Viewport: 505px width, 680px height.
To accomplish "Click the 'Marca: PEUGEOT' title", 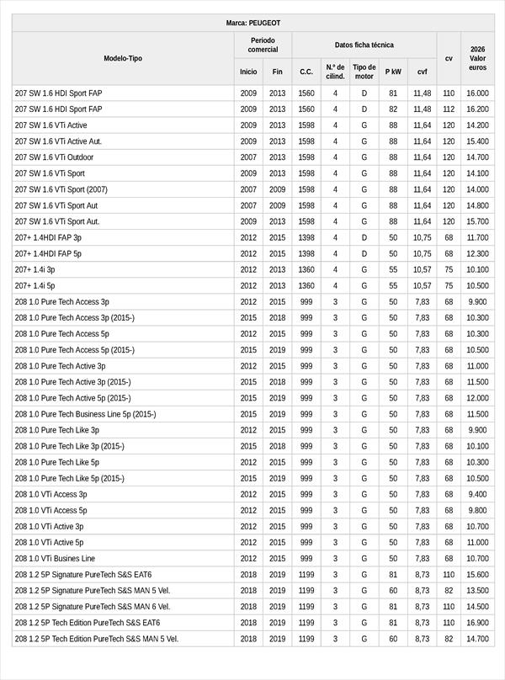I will pyautogui.click(x=253, y=23).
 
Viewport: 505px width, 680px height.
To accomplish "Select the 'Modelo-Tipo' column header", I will pyautogui.click(x=123, y=58).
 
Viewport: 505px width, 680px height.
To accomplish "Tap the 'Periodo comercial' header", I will pyautogui.click(x=263, y=45).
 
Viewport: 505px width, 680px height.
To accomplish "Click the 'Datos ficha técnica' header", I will pyautogui.click(x=364, y=45).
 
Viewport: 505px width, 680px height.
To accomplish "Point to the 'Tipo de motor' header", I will pyautogui.click(x=364, y=72).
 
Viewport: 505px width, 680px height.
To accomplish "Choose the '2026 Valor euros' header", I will pyautogui.click(x=477, y=58).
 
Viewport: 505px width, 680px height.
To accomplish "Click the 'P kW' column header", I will pyautogui.click(x=393, y=72).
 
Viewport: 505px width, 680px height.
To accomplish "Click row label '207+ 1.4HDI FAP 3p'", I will pyautogui.click(x=48, y=237).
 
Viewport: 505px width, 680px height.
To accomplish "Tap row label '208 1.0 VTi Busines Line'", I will pyautogui.click(x=55, y=559).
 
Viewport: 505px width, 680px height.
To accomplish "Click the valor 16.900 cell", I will pyautogui.click(x=477, y=623).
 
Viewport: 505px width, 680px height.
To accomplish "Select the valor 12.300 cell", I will pyautogui.click(x=477, y=253).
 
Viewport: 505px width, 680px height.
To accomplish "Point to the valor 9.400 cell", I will pyautogui.click(x=477, y=495).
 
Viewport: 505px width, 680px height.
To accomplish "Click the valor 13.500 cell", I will pyautogui.click(x=477, y=591).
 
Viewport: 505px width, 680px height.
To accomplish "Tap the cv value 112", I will pyautogui.click(x=449, y=109).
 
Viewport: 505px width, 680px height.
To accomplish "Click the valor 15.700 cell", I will pyautogui.click(x=477, y=221).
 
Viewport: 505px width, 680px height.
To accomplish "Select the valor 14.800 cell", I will pyautogui.click(x=477, y=205).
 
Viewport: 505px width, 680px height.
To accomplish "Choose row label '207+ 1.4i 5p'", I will pyautogui.click(x=35, y=286).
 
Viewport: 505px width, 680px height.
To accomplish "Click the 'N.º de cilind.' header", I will pyautogui.click(x=335, y=72).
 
